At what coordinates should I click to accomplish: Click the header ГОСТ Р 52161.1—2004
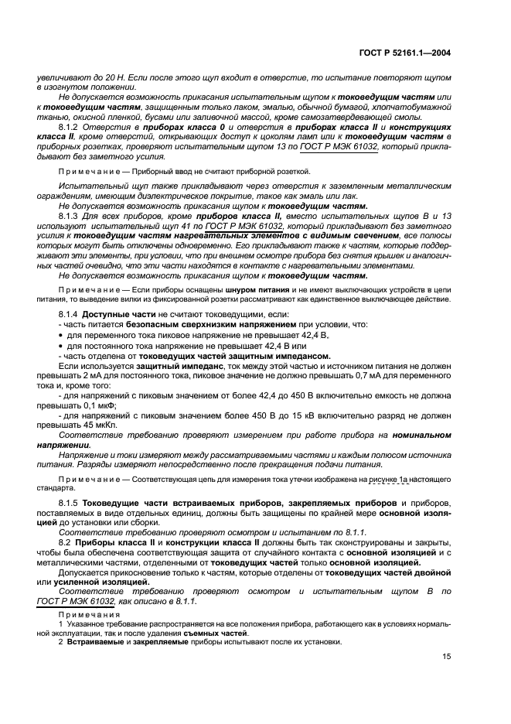pos(414,53)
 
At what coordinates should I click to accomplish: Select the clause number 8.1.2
pos(70,126)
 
